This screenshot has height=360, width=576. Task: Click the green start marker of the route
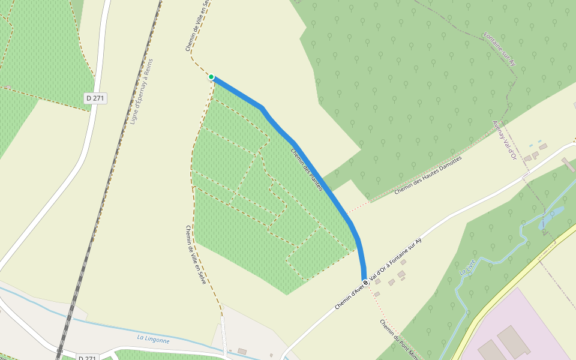pos(211,77)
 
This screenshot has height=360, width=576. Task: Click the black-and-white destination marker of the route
pos(365,283)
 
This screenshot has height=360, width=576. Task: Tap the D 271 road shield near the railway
pos(95,98)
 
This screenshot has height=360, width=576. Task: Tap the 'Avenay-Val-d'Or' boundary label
pos(504,140)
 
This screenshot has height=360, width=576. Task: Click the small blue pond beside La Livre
pos(555,212)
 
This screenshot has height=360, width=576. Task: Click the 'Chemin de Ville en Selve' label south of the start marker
pos(196,254)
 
